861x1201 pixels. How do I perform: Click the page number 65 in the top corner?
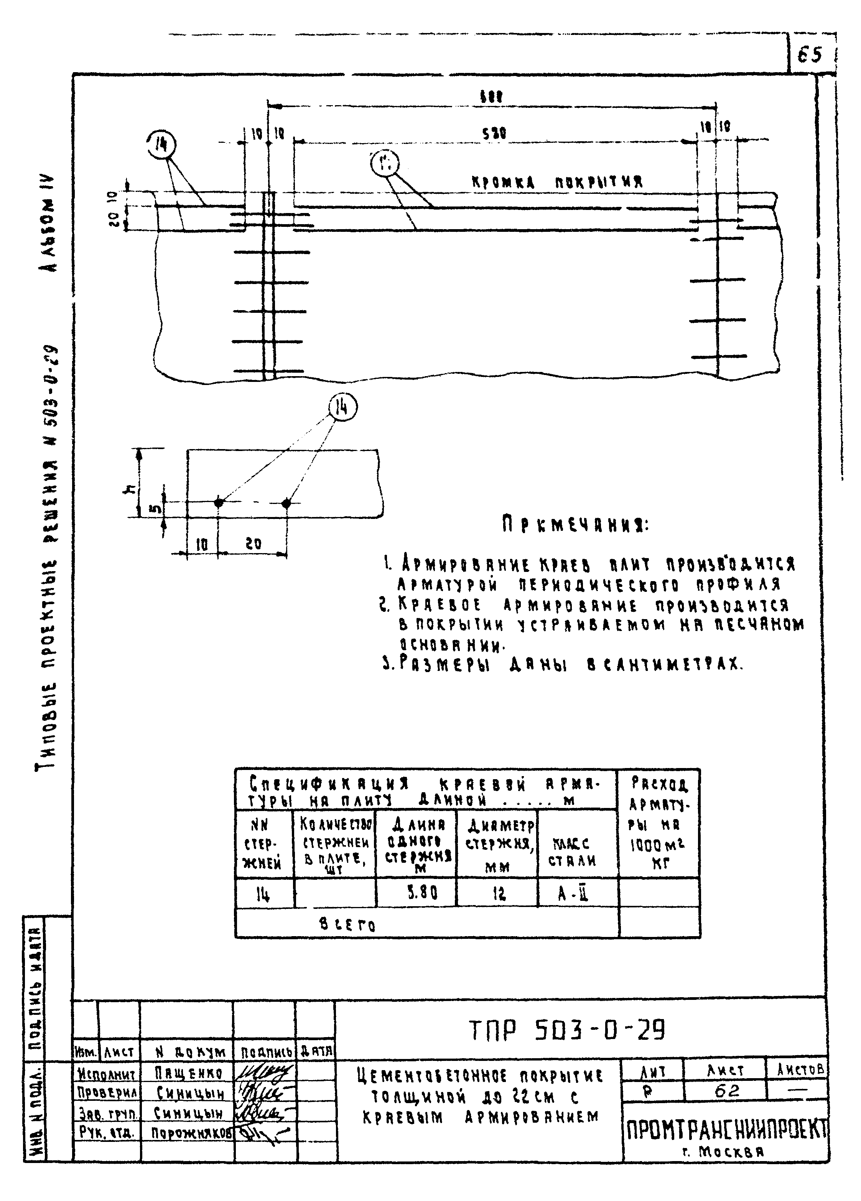point(809,55)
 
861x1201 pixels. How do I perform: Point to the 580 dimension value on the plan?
point(493,133)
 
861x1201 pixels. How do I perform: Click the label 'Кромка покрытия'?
point(557,183)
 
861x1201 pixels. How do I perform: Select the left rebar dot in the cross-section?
point(219,502)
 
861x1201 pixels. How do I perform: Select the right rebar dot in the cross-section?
point(286,503)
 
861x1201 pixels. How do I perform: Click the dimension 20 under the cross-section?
point(254,544)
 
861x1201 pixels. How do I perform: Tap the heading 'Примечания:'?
point(575,525)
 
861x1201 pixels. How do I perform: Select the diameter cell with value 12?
point(498,894)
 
